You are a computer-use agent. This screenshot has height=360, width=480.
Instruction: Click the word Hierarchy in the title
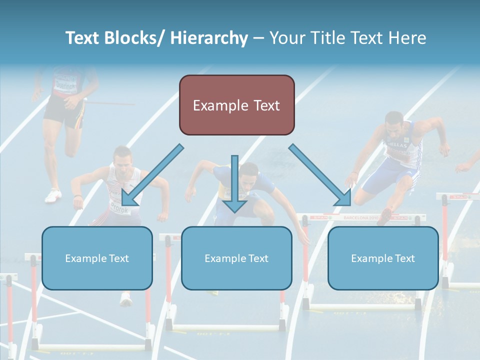208,38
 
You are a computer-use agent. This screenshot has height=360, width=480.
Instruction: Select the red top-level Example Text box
236,105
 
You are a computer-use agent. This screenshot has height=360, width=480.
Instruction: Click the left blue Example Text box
96,258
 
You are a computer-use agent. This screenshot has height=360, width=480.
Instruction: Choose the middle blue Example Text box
236,258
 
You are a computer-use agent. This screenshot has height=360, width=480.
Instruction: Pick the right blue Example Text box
382,258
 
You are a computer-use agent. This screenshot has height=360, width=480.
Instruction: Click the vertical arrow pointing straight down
234,185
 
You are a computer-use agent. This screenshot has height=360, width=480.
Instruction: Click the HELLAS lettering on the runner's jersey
397,145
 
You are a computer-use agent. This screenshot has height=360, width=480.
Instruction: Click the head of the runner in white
121,160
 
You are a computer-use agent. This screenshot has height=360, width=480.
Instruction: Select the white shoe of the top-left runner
53,195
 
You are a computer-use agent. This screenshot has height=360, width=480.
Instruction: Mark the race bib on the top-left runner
65,82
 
